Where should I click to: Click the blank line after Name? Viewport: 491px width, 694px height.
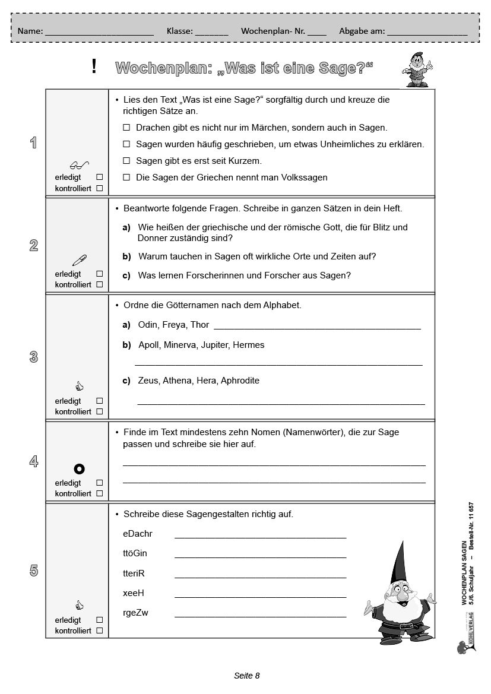pos(99,34)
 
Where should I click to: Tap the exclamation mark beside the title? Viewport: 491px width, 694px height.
pos(94,67)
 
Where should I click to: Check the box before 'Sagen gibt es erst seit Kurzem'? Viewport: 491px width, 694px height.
pos(126,161)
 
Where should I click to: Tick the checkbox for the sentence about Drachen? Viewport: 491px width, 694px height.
pos(126,128)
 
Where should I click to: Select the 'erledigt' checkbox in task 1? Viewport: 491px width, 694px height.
pos(99,178)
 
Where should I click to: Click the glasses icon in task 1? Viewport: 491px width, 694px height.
pos(79,164)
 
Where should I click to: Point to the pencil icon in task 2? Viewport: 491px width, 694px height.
pos(79,259)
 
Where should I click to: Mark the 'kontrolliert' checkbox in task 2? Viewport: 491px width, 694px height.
pos(99,284)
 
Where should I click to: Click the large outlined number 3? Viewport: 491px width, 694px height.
pos(34,357)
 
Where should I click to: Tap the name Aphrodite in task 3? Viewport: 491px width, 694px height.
pos(240,381)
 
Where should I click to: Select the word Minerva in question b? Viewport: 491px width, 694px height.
pos(179,345)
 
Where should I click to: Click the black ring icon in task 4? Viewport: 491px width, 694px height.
pos(79,469)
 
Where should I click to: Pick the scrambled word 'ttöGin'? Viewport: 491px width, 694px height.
pos(135,553)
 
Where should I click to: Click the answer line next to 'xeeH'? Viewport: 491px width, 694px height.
pos(260,596)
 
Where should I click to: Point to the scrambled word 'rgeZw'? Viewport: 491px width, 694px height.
pos(135,613)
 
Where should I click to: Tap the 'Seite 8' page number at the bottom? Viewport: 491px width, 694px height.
pos(247,676)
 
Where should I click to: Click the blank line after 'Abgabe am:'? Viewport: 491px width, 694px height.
pos(427,34)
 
